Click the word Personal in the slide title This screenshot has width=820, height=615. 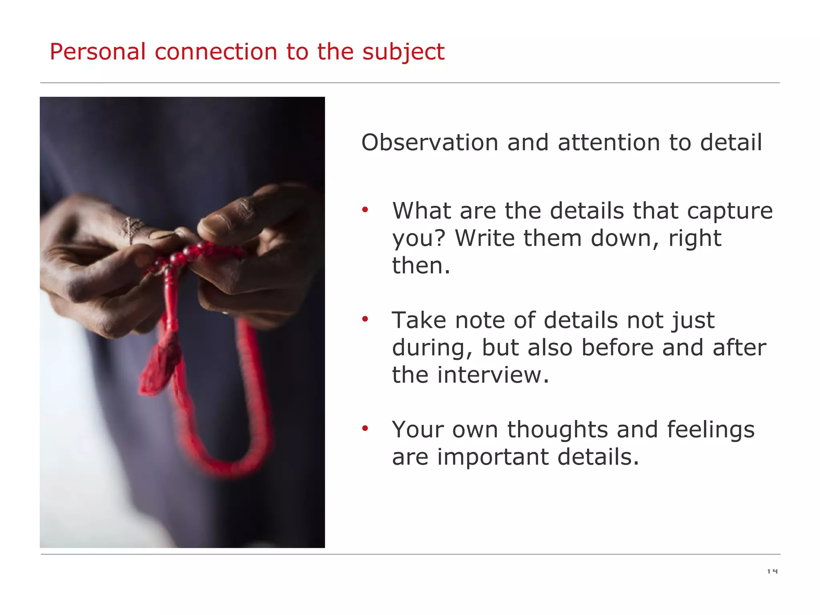click(97, 52)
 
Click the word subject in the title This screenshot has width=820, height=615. click(403, 52)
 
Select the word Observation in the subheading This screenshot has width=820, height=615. click(429, 143)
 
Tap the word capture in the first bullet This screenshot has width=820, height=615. click(730, 211)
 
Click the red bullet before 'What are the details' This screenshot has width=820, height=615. click(365, 210)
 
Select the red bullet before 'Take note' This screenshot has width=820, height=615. click(365, 320)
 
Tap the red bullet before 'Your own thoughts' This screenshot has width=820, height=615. click(365, 429)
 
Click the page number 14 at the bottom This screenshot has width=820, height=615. click(772, 571)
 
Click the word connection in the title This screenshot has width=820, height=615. click(215, 52)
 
